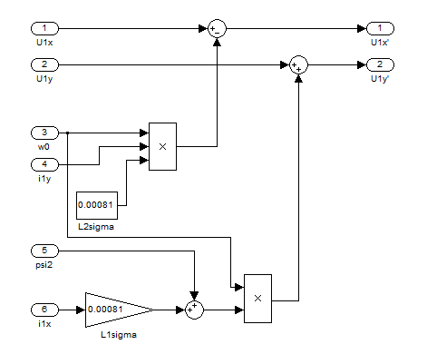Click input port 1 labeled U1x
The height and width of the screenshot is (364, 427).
44,29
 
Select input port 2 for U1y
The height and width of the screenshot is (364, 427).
44,64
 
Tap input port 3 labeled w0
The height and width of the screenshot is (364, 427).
44,133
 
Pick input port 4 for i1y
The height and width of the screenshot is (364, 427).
44,164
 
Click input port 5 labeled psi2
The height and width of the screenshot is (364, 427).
44,251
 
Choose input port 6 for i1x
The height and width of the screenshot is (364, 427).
44,310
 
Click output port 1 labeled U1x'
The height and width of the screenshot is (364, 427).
380,29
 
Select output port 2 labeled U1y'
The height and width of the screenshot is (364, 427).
380,64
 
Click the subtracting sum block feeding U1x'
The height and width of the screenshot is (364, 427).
217,29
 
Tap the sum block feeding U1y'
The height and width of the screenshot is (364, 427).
298,64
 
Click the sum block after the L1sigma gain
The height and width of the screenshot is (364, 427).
194,310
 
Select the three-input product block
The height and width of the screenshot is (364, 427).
162,146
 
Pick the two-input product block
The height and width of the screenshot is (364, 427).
257,299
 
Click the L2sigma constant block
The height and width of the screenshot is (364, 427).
97,205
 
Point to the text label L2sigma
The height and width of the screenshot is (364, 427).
96,227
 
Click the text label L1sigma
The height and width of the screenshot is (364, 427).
119,335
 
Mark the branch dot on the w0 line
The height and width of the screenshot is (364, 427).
67,133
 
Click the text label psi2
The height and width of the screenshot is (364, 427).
44,265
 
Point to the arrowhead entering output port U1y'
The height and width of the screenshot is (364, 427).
362,64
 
